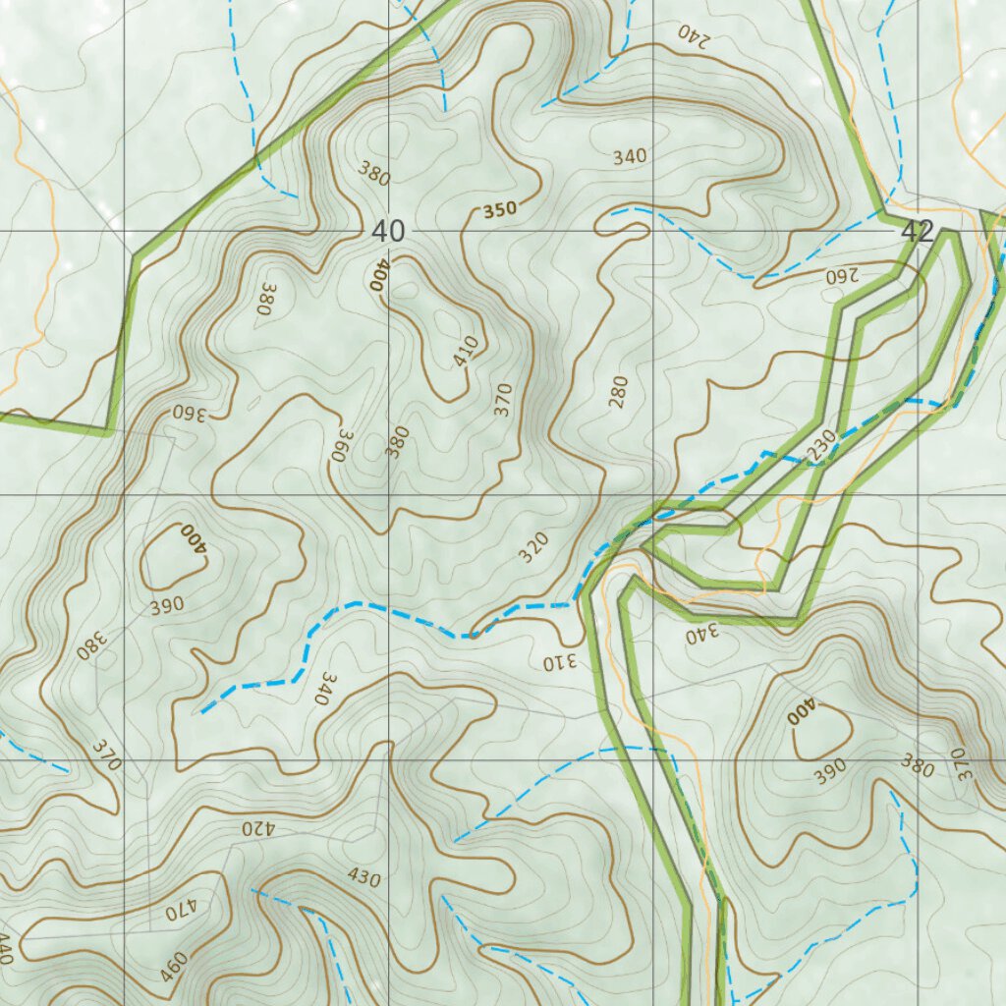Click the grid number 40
tap(388, 232)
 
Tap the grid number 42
tap(916, 232)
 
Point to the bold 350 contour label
tap(499, 209)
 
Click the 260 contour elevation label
tap(842, 275)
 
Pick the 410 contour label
tap(466, 352)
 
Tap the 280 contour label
tap(617, 393)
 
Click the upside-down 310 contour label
tap(555, 663)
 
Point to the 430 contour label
tap(363, 877)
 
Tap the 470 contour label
tap(182, 911)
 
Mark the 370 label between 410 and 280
tap(503, 400)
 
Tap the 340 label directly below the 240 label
tap(630, 156)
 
